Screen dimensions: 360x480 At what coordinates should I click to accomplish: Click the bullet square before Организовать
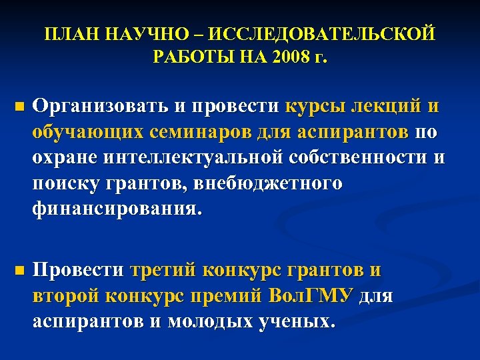point(19,107)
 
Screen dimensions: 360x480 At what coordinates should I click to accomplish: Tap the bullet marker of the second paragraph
point(19,271)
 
